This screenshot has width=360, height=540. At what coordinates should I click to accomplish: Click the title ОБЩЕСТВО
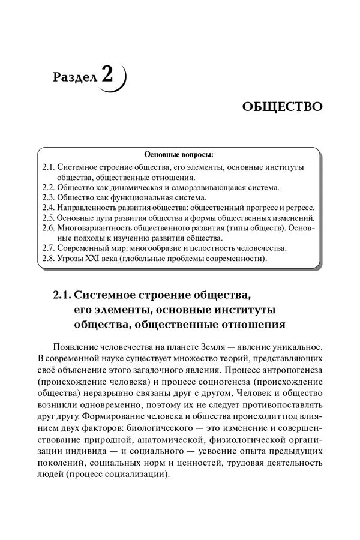click(283, 107)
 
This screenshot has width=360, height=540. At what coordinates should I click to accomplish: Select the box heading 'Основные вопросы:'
click(179, 154)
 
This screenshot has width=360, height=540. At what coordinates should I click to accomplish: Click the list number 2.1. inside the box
click(50, 166)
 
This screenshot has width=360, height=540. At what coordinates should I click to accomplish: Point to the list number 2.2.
click(50, 187)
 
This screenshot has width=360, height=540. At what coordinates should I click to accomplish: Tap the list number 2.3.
click(50, 197)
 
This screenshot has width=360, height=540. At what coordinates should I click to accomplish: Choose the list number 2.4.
click(50, 208)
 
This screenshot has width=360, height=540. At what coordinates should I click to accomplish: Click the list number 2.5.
click(50, 218)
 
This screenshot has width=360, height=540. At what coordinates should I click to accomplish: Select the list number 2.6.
click(50, 228)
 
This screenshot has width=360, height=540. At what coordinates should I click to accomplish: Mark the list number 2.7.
click(50, 248)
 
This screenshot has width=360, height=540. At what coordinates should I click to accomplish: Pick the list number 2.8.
click(50, 259)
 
